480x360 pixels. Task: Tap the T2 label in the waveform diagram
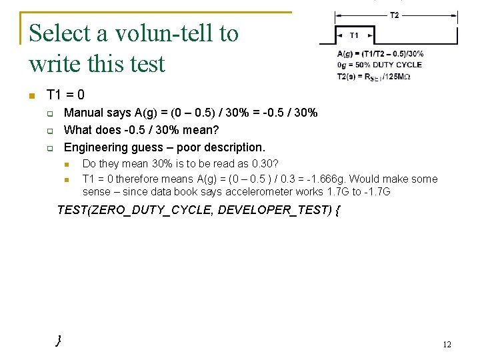coord(395,15)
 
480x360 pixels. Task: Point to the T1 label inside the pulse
coord(353,35)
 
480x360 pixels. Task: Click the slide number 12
coord(447,344)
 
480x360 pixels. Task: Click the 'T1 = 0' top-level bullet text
coord(65,95)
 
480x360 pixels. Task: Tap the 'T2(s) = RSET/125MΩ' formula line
coord(374,76)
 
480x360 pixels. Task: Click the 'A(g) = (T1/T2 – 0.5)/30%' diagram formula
coord(380,54)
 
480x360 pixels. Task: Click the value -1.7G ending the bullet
coord(377,192)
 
